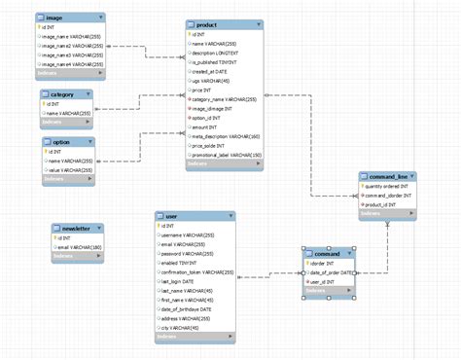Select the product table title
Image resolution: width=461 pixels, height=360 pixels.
pyautogui.click(x=208, y=23)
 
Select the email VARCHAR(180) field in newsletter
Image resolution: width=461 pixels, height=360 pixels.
pyautogui.click(x=80, y=247)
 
